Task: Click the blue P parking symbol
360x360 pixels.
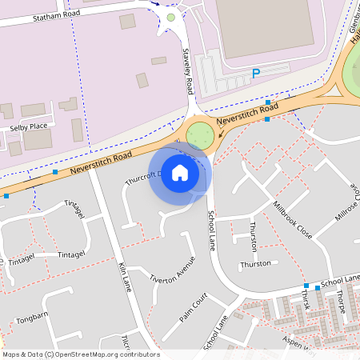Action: pos(256,74)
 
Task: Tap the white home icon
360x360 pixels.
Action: pos(180,173)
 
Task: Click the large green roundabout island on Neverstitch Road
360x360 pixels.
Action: pos(202,134)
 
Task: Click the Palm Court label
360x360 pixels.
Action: pos(194,306)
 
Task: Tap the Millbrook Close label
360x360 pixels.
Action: pos(291,217)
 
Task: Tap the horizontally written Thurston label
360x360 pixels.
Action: pos(256,264)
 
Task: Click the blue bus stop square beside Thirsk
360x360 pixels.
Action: pos(306,286)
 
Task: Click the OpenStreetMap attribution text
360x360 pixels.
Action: pos(80,354)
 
